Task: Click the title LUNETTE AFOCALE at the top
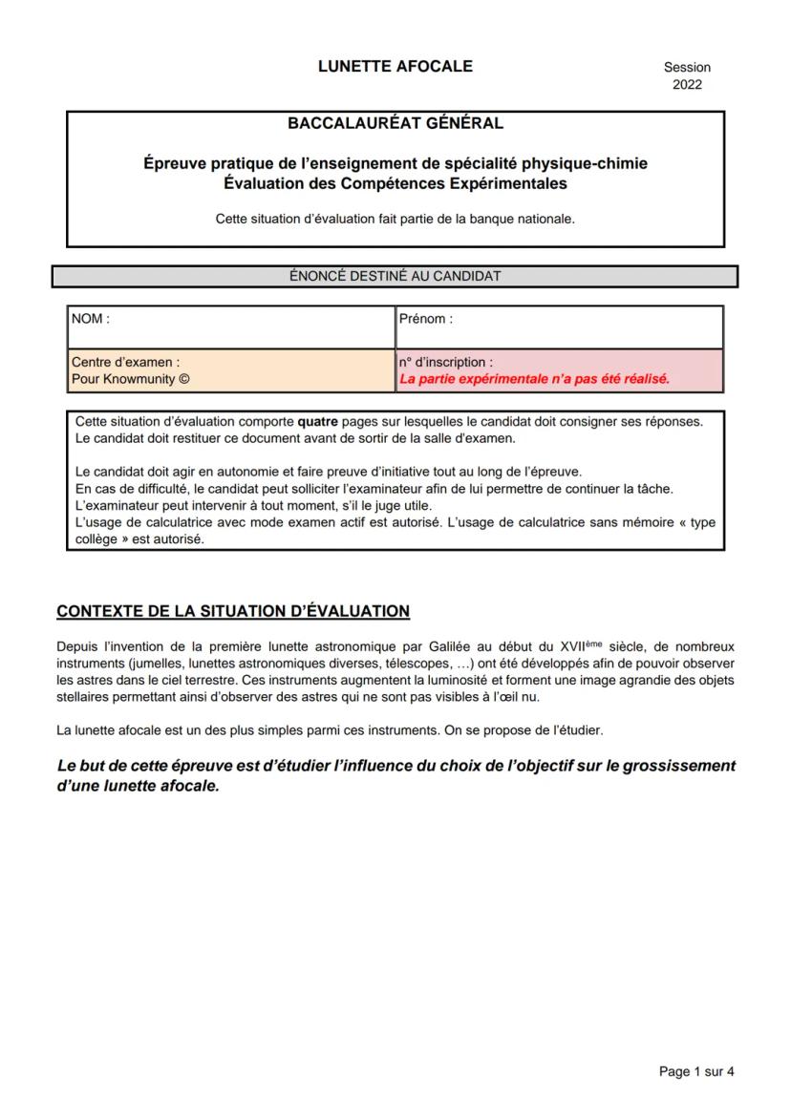(395, 67)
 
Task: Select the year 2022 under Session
(687, 85)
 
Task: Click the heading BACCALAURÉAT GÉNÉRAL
(395, 123)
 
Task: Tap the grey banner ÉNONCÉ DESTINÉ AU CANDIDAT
(395, 277)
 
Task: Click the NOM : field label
(91, 320)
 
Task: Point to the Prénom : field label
(426, 320)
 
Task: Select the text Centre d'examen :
(126, 363)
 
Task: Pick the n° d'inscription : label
(446, 363)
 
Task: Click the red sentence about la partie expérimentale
(535, 378)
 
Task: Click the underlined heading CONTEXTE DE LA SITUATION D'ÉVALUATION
(233, 611)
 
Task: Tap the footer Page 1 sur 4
(696, 1072)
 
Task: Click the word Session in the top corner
(687, 68)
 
